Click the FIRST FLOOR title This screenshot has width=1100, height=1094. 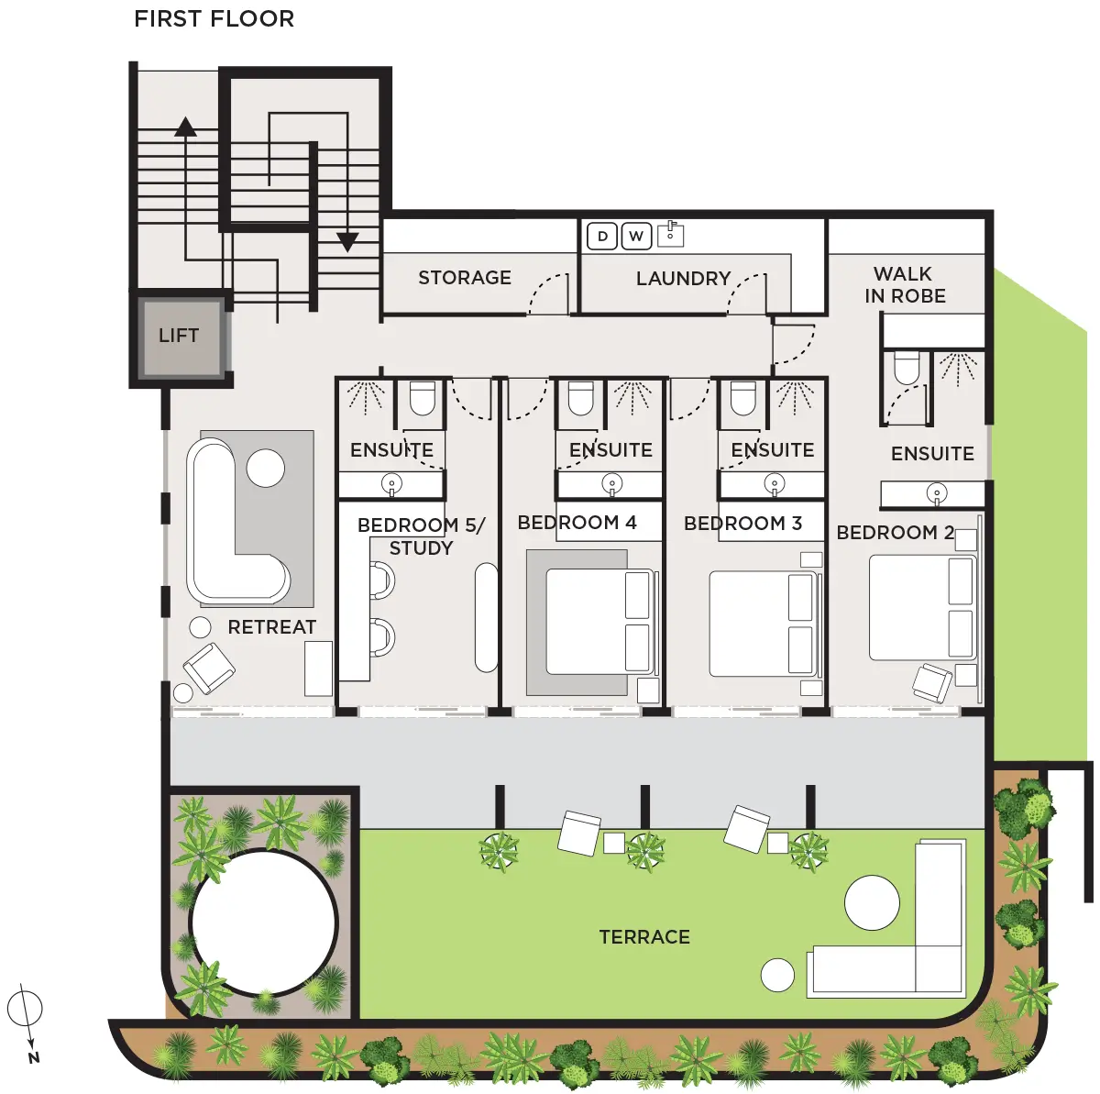point(214,19)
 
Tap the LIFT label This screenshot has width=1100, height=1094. point(179,336)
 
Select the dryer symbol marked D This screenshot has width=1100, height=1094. point(602,236)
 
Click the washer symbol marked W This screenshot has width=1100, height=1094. point(636,236)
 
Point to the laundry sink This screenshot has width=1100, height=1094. point(671,234)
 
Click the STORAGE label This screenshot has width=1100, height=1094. point(465,278)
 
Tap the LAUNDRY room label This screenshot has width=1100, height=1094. point(683,279)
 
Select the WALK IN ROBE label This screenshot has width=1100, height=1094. point(905,285)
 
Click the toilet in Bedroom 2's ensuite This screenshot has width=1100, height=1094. point(907,368)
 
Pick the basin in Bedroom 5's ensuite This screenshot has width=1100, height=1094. point(391,484)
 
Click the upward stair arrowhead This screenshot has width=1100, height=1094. point(185,127)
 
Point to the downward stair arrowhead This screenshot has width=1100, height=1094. point(347,242)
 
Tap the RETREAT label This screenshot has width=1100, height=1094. point(271,627)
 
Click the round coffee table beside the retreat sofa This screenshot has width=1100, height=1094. point(266,469)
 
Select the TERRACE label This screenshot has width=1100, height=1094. point(644,937)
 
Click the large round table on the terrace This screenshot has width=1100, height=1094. point(873,903)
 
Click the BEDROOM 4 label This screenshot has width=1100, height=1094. point(577,523)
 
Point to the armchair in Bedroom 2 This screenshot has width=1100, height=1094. point(932,682)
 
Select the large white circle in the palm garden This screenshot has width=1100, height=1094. point(264,923)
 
